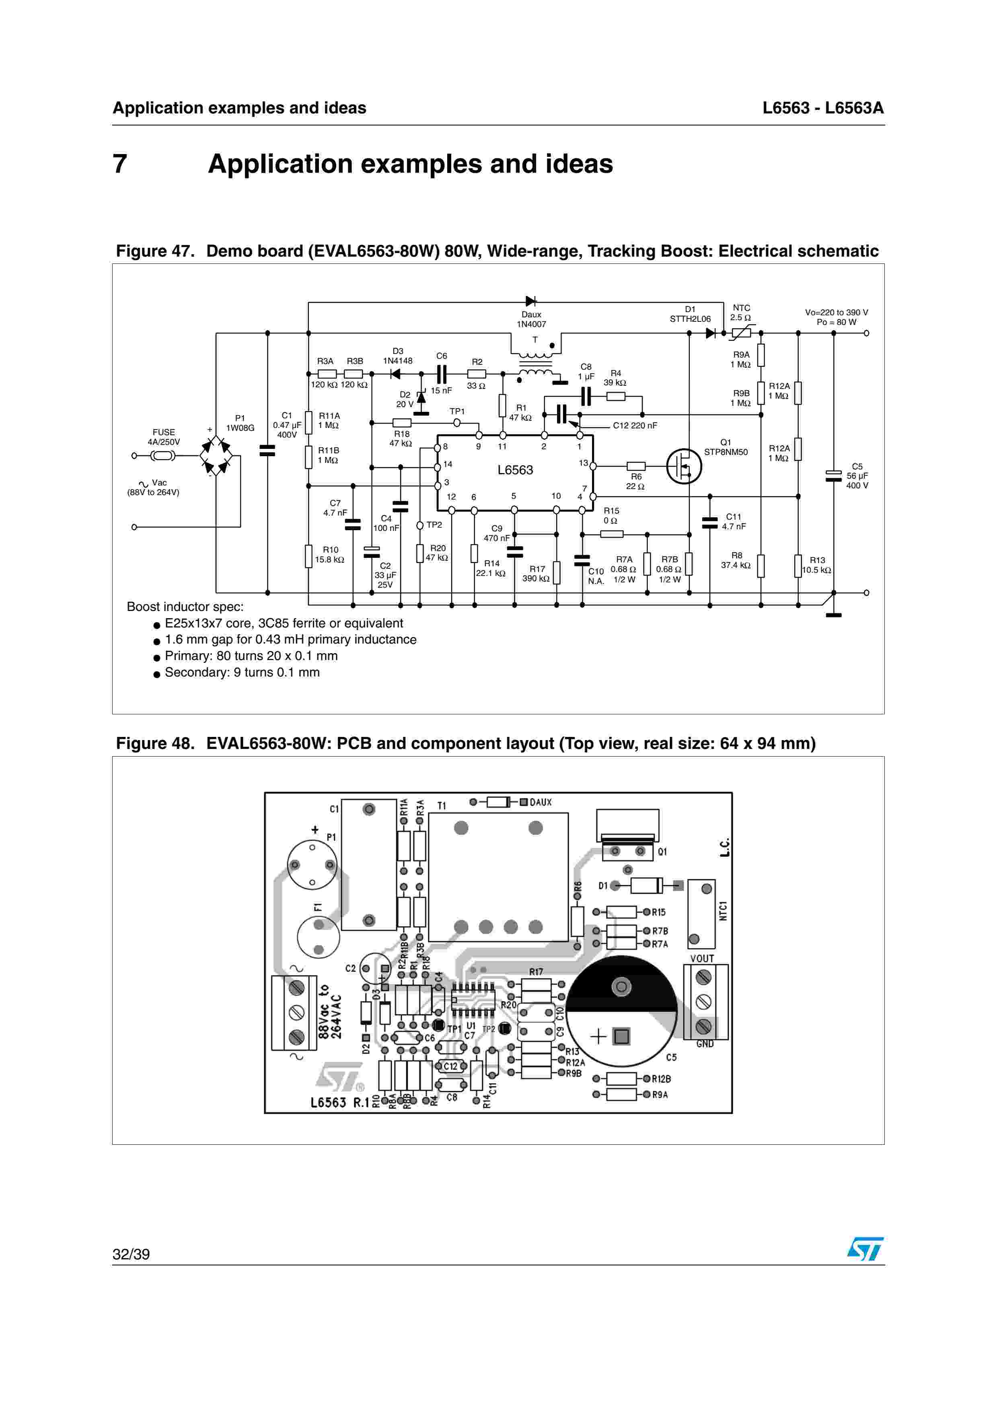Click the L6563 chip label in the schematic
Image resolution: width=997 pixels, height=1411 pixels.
[x=515, y=470]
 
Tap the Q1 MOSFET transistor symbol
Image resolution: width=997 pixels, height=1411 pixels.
[x=684, y=467]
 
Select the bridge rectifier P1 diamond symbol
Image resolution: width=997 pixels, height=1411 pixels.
[x=216, y=455]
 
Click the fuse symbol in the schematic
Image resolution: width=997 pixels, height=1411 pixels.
[x=163, y=455]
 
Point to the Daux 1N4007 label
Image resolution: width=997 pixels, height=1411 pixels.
[x=531, y=319]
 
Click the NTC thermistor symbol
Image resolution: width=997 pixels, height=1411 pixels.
[x=741, y=333]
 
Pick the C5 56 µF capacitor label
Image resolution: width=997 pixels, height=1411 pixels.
[x=857, y=476]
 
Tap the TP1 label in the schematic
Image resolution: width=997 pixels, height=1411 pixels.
[x=457, y=411]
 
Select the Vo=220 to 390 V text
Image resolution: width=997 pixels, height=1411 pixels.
[x=836, y=312]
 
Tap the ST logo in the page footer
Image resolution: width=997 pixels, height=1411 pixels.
[x=865, y=1249]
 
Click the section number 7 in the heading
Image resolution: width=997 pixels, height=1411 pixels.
[x=120, y=164]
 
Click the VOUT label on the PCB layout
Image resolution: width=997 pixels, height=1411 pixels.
[x=701, y=958]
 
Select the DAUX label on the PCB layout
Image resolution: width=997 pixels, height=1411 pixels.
[x=541, y=802]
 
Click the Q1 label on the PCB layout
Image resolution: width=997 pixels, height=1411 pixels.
[x=662, y=852]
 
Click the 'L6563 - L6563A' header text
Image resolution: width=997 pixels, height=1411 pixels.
[x=822, y=108]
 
